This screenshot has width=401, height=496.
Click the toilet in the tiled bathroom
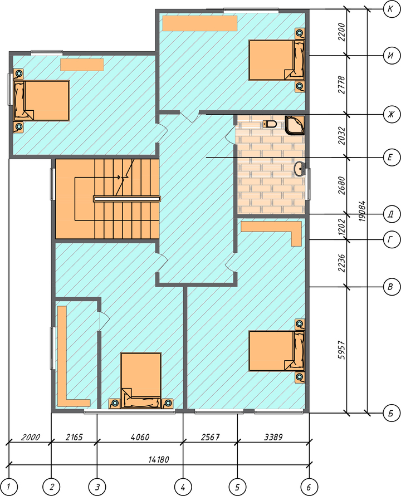270,124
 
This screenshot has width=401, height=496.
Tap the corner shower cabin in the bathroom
295,125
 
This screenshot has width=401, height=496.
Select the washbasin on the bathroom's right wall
300,169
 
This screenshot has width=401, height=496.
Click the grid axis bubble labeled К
391,9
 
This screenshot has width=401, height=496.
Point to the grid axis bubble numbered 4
183,487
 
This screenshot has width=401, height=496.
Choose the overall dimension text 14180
159,459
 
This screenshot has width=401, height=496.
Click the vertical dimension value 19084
362,211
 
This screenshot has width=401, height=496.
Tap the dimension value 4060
140,437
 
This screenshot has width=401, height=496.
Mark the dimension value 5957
341,350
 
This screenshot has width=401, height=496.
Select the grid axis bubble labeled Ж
391,114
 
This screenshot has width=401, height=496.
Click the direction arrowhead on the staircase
120,178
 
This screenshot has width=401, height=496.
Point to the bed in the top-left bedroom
41,101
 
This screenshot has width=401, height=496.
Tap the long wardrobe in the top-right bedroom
200,23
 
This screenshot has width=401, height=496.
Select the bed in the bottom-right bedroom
276,351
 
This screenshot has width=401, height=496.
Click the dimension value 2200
341,32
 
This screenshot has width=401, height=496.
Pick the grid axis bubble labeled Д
391,214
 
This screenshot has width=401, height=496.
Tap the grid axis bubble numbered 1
9,487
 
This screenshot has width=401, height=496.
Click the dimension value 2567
210,437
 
